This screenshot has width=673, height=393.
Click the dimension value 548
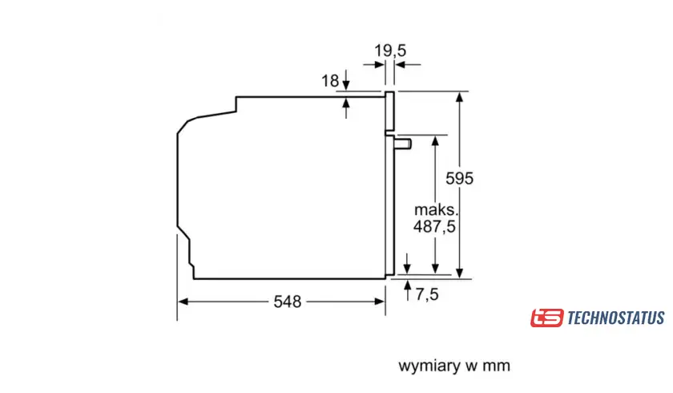pos(287,302)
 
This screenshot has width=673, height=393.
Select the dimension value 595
pos(460,179)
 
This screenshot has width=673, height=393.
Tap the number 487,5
pos(435,227)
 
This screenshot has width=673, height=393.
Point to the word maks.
pos(435,209)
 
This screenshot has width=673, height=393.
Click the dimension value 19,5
pos(390,51)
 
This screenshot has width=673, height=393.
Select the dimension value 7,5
pos(428,294)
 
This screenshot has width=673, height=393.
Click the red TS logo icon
pos(546,318)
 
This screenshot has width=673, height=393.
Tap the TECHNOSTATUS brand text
pos(615,318)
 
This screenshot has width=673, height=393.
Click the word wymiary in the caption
pos(428,367)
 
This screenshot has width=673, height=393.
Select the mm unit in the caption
pos(496,367)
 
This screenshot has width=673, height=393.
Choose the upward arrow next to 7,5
pos(409,286)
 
